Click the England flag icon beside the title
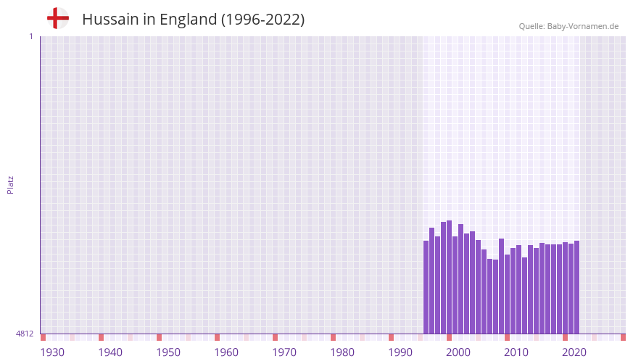(x=57, y=19)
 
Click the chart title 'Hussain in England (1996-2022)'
(x=193, y=20)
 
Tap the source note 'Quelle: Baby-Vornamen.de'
(x=568, y=26)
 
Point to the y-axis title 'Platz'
(x=10, y=185)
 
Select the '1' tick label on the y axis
(x=30, y=36)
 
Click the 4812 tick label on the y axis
(x=25, y=334)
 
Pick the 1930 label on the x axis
(x=52, y=352)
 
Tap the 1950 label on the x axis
(x=168, y=352)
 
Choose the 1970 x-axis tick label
(x=284, y=352)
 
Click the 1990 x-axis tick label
(x=400, y=352)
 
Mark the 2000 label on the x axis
(x=458, y=352)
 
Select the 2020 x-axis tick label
(x=574, y=352)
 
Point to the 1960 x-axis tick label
(x=226, y=352)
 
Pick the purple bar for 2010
(x=507, y=294)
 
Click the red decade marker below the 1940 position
(x=101, y=337)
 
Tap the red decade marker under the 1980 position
(x=333, y=337)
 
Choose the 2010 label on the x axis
(x=516, y=352)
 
